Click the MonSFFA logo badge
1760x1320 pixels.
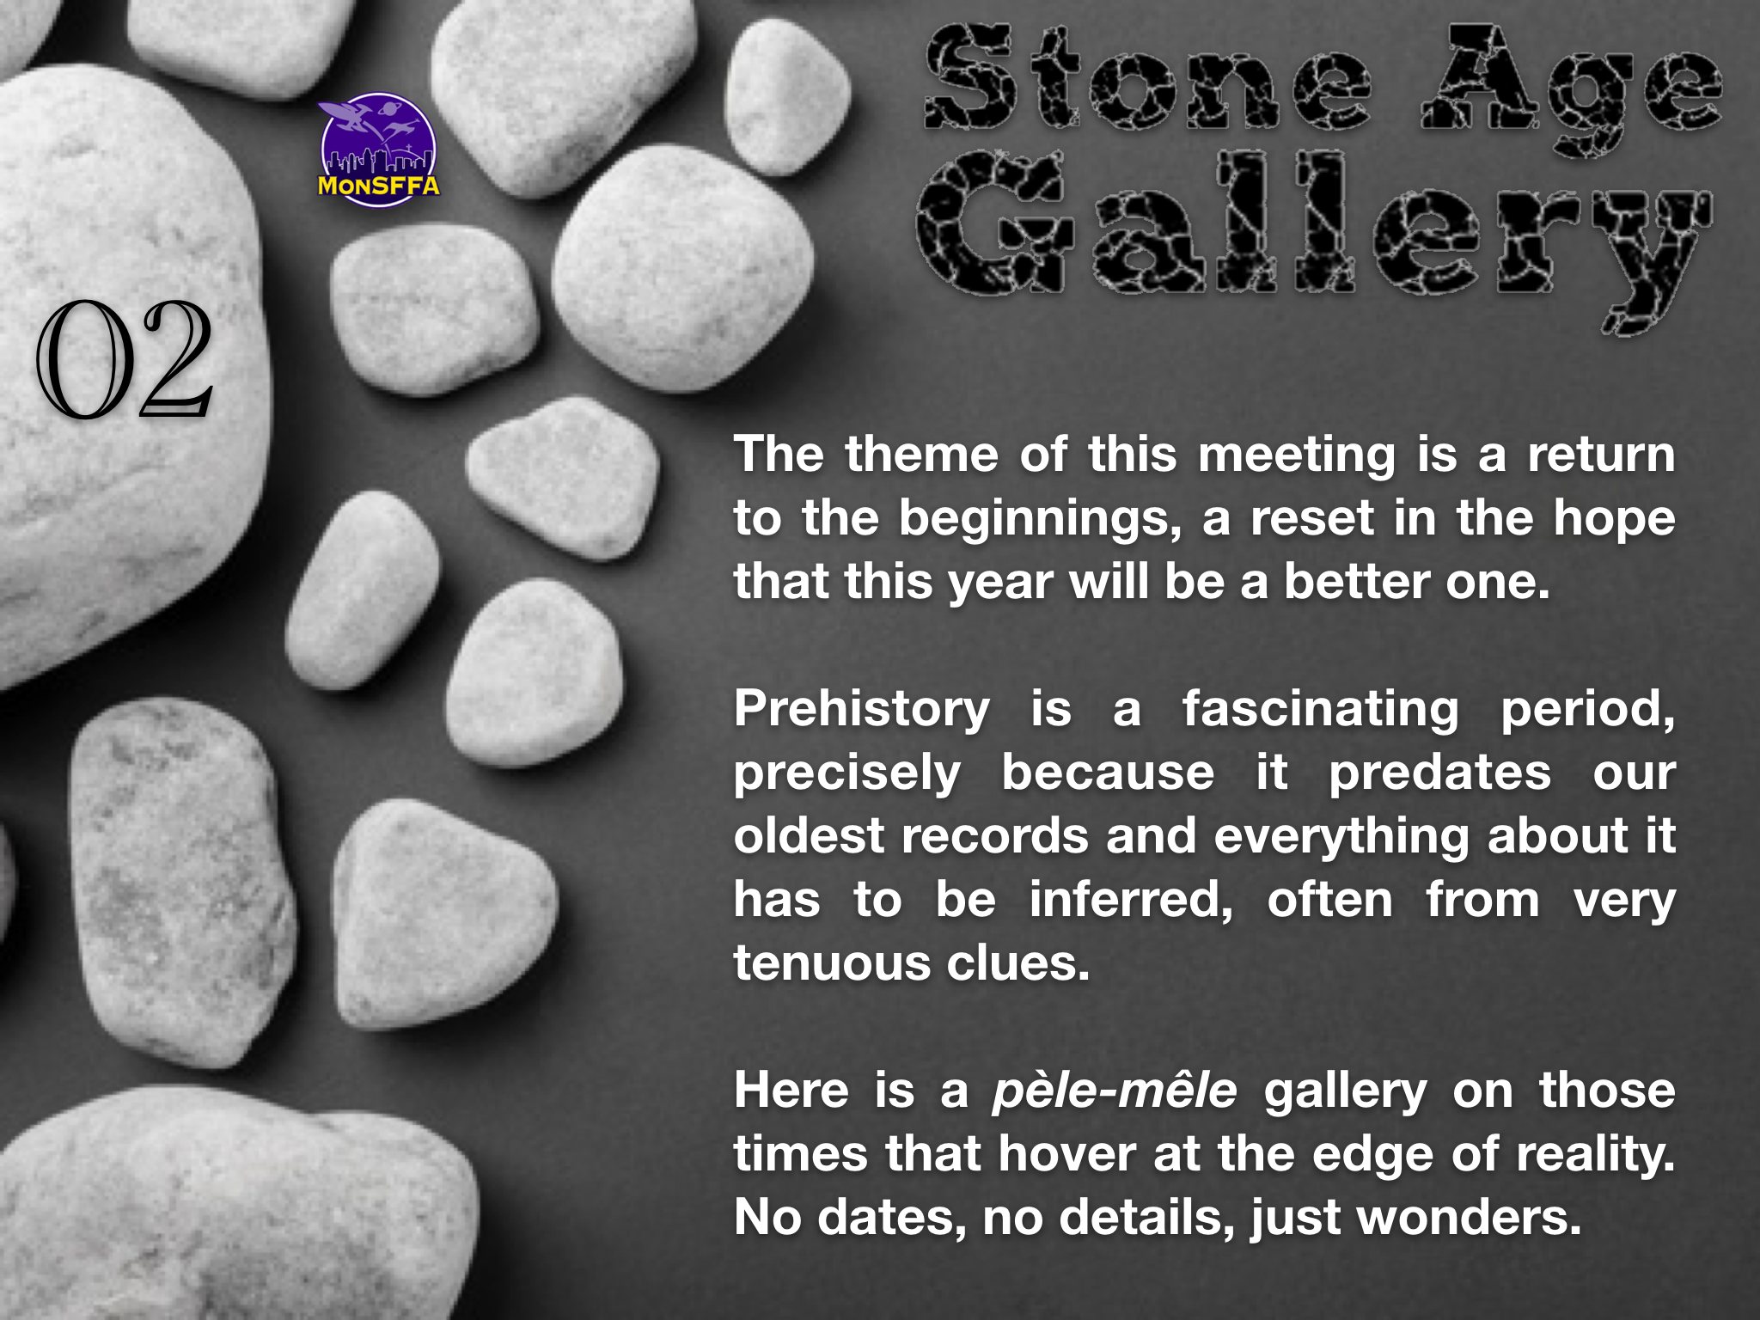[379, 146]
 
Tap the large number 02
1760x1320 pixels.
[124, 359]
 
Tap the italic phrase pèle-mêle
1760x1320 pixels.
[1115, 1092]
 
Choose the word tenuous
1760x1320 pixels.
[829, 963]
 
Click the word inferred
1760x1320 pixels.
[1131, 901]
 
